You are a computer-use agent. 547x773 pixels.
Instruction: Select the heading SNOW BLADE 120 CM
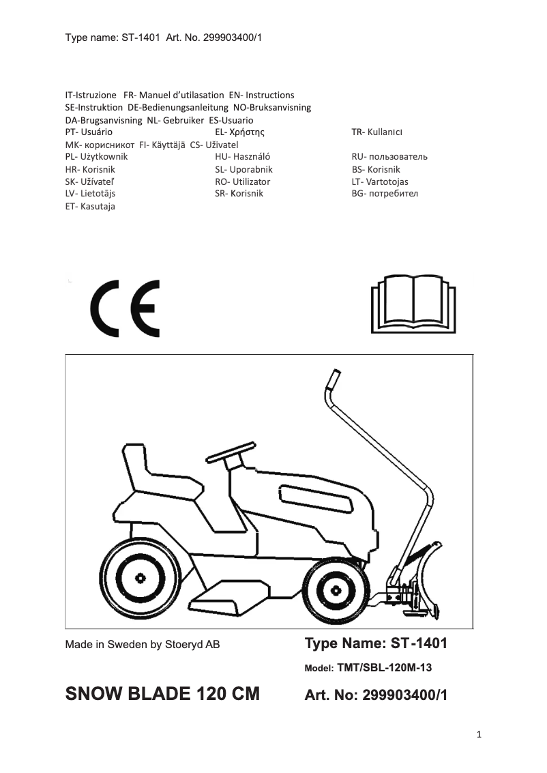click(162, 694)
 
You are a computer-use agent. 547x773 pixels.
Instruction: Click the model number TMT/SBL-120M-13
click(385, 668)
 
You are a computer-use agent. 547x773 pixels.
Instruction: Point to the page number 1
click(479, 734)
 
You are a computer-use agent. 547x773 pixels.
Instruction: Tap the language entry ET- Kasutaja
click(89, 206)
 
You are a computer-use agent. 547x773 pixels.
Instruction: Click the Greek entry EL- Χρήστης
click(239, 132)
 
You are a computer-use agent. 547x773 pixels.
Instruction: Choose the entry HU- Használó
click(243, 156)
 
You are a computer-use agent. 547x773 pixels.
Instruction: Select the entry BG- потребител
click(385, 193)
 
